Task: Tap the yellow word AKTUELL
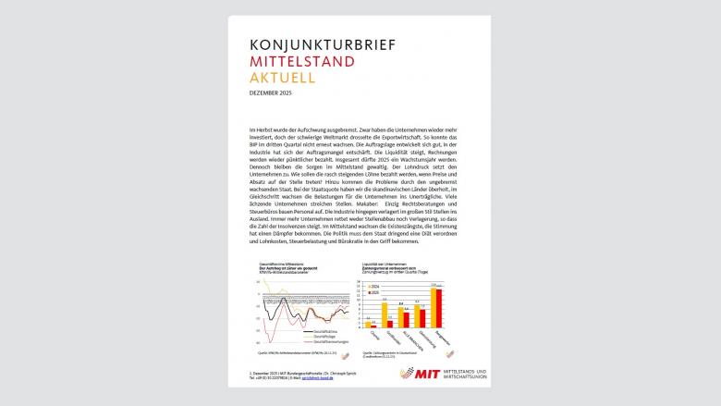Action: pyautogui.click(x=283, y=80)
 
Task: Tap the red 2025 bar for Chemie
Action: pyautogui.click(x=370, y=325)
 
